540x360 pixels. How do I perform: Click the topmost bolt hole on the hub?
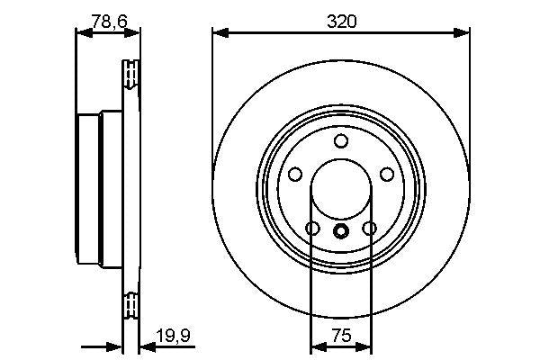[x=341, y=141]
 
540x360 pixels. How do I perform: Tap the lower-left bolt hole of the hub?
[x=312, y=229]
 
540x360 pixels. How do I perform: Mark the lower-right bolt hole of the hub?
[x=369, y=229]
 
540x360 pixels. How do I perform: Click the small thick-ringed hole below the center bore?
[x=341, y=231]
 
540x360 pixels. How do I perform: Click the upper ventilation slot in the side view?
[x=131, y=74]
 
